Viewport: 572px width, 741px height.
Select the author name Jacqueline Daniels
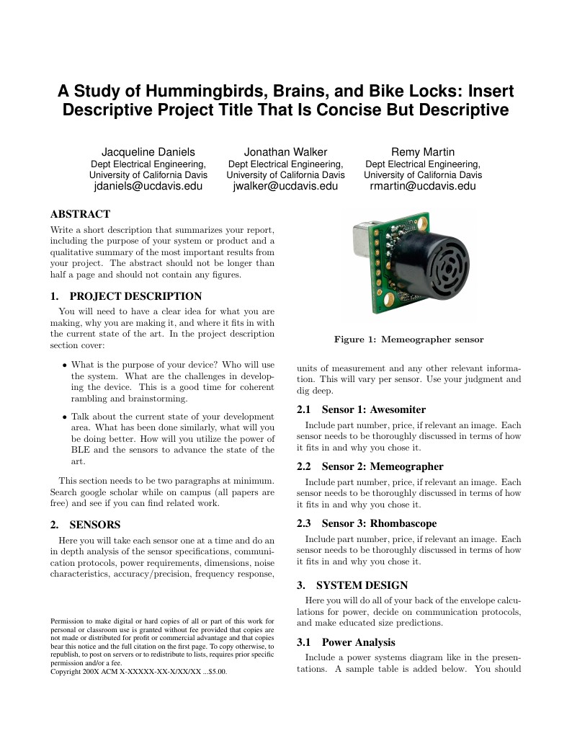tap(148, 151)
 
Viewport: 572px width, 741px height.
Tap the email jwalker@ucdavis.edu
tap(285, 186)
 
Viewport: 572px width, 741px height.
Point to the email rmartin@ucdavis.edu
tap(423, 186)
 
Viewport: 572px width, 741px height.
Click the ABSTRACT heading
tap(80, 214)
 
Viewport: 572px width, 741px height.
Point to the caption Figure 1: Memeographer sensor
tap(408, 340)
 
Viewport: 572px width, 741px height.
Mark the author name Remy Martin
tap(423, 151)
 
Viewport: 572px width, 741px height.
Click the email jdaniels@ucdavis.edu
tap(148, 186)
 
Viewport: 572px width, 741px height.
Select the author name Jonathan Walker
tap(285, 151)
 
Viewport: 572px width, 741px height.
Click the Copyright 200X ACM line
tap(138, 671)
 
